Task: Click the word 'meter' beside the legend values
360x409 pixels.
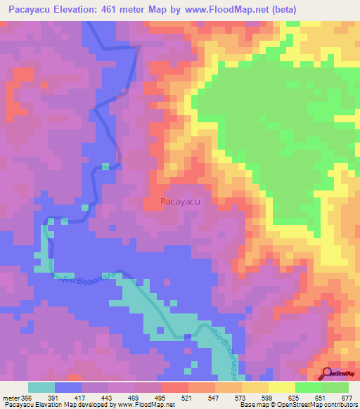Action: click(9, 397)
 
